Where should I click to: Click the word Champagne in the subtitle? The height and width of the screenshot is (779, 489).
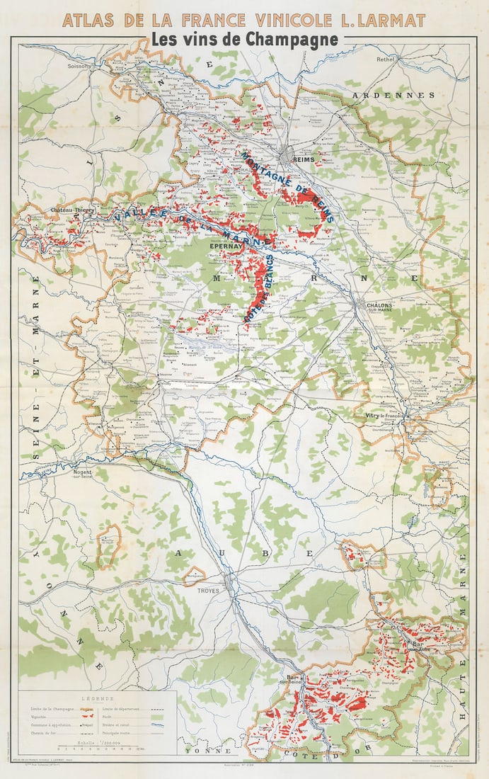click(x=297, y=40)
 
